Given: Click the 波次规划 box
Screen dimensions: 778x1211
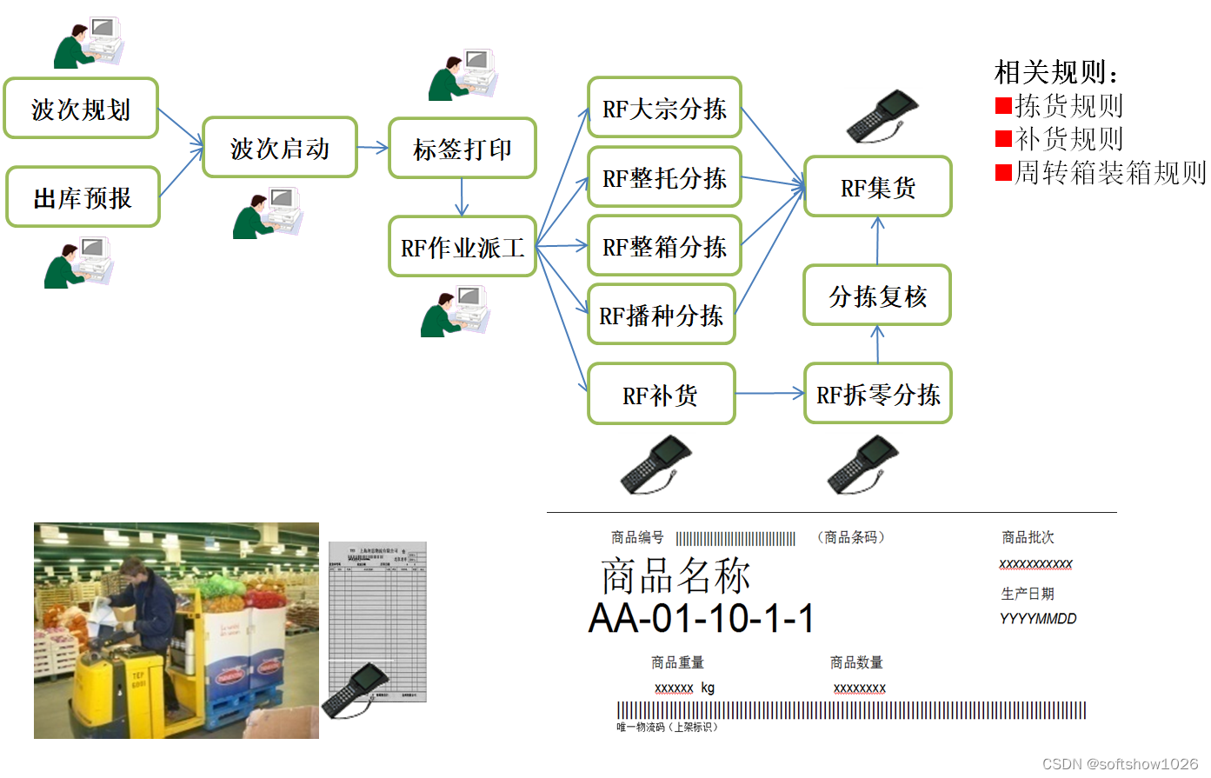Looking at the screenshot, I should tap(81, 109).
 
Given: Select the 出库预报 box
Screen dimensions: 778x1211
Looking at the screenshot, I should tap(83, 198).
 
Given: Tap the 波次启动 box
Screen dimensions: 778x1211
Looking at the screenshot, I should tap(280, 149).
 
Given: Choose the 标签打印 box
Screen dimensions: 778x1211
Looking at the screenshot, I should tap(462, 149).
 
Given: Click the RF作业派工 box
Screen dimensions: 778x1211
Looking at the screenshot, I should tap(462, 248).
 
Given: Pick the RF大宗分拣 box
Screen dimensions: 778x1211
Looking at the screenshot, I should tap(664, 109).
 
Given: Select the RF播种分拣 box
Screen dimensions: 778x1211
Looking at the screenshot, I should tap(661, 315).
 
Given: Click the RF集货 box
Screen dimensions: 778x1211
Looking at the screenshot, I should tap(877, 187).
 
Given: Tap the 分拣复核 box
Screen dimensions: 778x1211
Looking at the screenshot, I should tap(877, 296).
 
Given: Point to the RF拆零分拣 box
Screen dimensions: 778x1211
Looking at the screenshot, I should tap(877, 395).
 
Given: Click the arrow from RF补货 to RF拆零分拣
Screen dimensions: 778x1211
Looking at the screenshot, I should tap(769, 394).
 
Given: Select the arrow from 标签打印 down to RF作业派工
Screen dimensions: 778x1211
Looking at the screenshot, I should tap(462, 197).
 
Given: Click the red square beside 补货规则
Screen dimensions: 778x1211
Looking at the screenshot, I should tap(1003, 139).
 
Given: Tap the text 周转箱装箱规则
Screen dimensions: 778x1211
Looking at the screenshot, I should tap(1110, 173).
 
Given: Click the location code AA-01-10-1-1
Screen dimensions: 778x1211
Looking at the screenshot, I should tap(702, 619).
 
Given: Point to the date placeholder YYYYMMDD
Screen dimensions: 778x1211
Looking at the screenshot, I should tap(1038, 619).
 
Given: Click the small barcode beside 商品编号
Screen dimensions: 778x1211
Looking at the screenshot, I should tap(735, 539).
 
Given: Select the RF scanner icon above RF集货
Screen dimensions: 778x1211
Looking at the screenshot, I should tap(882, 116).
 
